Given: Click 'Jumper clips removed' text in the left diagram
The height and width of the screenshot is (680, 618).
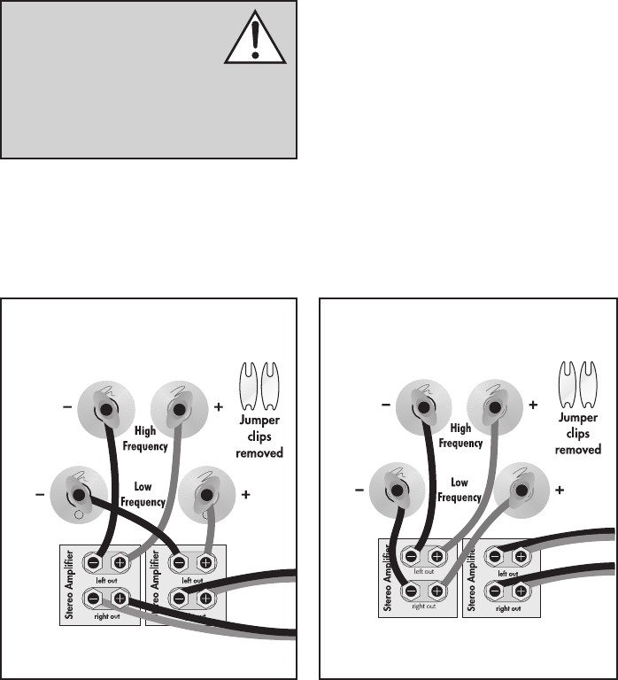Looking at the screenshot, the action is click(x=259, y=440).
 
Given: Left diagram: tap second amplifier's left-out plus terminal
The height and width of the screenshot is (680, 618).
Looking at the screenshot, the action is click(x=205, y=560).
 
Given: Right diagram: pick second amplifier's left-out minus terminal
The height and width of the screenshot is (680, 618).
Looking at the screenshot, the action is click(x=497, y=556).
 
